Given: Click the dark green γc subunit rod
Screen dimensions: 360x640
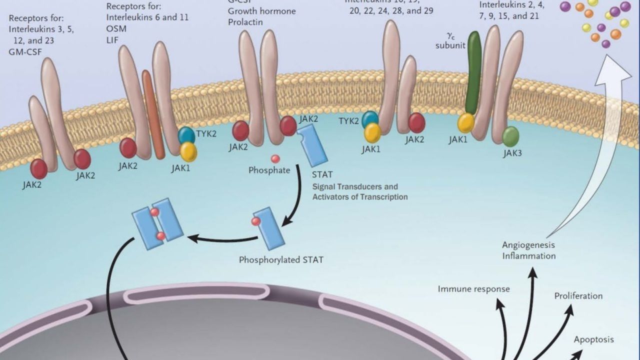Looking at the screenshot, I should point(473,72).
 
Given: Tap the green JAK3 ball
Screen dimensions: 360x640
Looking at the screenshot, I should point(510,136).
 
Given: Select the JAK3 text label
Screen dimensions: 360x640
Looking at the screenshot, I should point(512,153).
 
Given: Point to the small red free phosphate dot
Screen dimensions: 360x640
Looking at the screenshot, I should point(275,159).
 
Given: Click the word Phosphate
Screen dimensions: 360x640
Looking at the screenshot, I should point(269,170).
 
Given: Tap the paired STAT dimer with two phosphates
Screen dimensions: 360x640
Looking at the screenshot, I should point(157,223).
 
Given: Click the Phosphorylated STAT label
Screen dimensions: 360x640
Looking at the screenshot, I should point(281,259).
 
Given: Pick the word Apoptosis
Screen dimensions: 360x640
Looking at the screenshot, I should point(593,339).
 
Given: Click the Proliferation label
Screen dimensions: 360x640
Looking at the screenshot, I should point(578,296).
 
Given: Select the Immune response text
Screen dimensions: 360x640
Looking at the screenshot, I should point(473,289).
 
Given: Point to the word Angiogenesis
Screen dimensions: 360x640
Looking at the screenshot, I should point(528,245).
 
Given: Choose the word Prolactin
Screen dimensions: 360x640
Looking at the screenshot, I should point(246,22).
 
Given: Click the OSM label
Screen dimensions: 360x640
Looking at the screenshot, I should point(116,28).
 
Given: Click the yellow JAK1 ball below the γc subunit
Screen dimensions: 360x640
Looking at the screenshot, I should point(466,123).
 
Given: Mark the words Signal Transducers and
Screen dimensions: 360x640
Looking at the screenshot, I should point(355,186).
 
